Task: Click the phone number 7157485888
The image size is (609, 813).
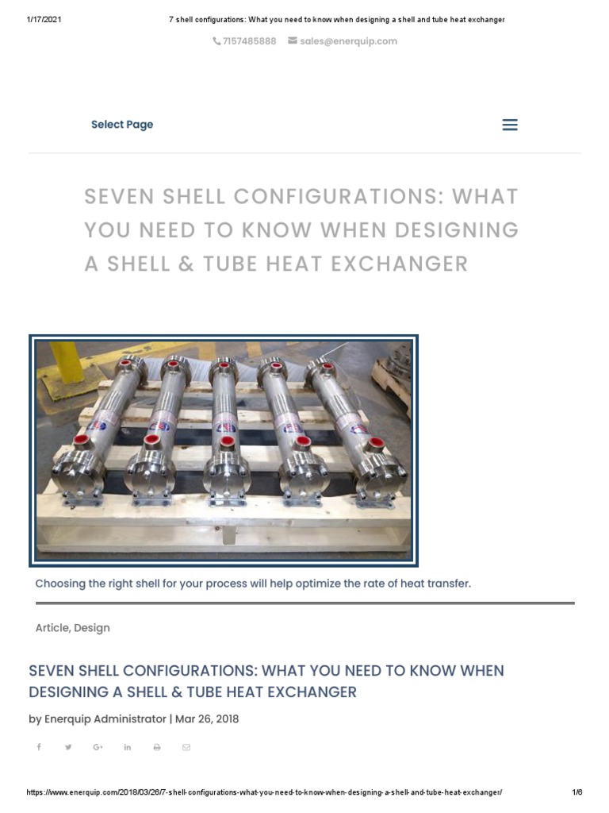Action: [x=249, y=41]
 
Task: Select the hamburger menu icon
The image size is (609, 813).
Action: [x=510, y=125]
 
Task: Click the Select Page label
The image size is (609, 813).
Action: [x=122, y=125]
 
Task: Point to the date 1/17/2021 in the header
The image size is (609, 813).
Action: [x=44, y=20]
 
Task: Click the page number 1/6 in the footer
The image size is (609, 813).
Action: [x=576, y=792]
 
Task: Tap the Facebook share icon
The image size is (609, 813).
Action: [x=39, y=747]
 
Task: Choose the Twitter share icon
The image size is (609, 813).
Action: [x=68, y=747]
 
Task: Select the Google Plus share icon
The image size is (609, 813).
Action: [x=98, y=747]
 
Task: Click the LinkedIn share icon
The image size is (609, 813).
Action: [x=127, y=747]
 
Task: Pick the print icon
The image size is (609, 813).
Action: [x=157, y=747]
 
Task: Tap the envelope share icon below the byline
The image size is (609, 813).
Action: [x=186, y=747]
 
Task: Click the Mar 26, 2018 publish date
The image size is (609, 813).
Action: [x=207, y=719]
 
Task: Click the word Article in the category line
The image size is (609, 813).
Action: [x=52, y=628]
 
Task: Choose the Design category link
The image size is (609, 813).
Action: [x=92, y=628]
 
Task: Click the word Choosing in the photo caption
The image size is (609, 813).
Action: [x=61, y=584]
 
